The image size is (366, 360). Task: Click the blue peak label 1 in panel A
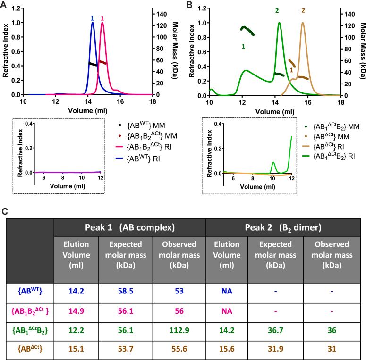(92, 18)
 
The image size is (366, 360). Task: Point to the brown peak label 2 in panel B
(303, 10)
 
